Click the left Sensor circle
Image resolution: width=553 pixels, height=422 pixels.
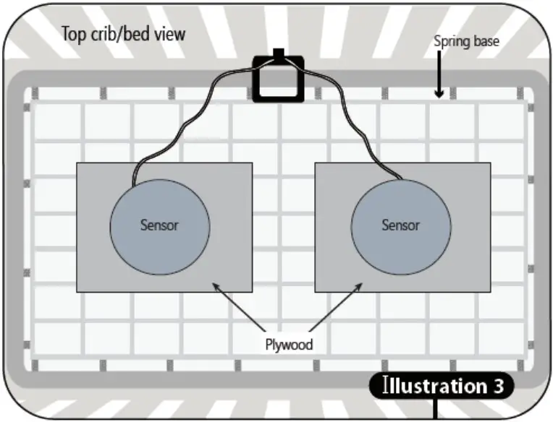(159, 225)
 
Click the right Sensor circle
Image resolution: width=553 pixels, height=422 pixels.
(400, 225)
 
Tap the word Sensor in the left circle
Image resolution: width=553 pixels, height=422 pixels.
(159, 225)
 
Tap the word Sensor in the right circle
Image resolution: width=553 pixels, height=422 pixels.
(400, 225)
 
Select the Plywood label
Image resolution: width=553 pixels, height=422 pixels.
(288, 344)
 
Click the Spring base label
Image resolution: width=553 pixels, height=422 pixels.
(466, 41)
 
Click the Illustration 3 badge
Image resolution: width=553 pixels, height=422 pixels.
(442, 386)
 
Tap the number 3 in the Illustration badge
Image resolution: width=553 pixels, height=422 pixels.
(498, 386)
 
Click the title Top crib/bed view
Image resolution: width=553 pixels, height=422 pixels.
(123, 34)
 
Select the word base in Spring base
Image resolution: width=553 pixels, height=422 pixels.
(485, 41)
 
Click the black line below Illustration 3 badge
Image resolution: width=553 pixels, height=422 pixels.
(436, 409)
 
